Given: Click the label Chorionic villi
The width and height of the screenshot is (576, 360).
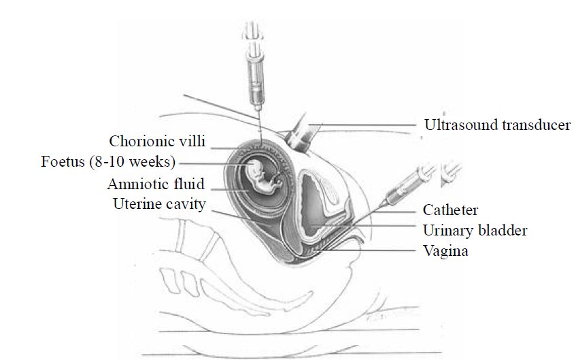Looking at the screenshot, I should [158, 142].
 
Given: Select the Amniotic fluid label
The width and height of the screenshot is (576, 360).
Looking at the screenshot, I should [156, 184].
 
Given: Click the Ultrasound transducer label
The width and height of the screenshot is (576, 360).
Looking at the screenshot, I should [497, 125].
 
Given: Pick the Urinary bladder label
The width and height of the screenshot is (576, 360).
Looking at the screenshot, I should [475, 230].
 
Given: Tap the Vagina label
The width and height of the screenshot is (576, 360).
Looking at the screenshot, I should [445, 251].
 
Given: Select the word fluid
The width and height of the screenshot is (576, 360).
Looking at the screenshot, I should [190, 184].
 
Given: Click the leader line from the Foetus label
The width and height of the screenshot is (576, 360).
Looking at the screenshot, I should [211, 163].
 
